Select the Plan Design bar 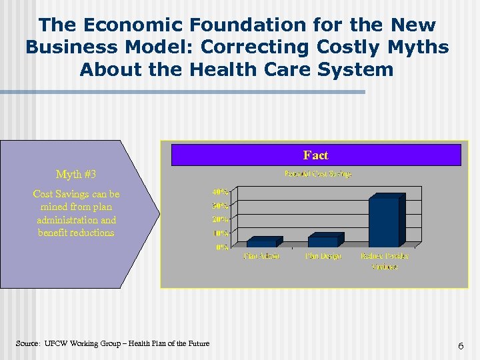[x=323, y=241]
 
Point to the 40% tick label [x=221, y=192]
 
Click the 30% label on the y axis [x=221, y=205]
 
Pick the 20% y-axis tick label [x=221, y=219]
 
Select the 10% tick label [x=221, y=233]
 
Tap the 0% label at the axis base [x=223, y=247]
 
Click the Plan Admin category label [x=261, y=256]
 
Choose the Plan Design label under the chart [x=323, y=256]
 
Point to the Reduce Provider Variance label [x=385, y=261]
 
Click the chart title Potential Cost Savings [x=318, y=174]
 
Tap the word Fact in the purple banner [x=315, y=155]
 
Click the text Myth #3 [x=76, y=175]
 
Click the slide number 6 [x=460, y=346]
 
